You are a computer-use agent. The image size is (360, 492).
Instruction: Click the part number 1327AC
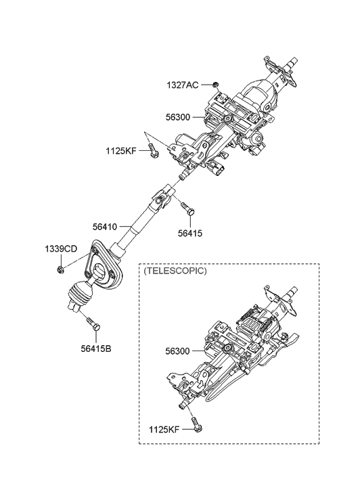click(x=182, y=85)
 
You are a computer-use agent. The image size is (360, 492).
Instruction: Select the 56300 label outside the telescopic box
click(x=177, y=117)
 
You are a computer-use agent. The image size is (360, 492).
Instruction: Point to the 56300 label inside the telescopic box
click(x=177, y=352)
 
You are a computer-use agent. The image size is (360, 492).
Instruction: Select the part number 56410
click(x=106, y=227)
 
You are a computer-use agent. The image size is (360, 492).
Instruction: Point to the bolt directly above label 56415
click(x=189, y=213)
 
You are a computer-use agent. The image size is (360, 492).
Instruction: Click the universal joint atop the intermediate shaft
click(x=163, y=196)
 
